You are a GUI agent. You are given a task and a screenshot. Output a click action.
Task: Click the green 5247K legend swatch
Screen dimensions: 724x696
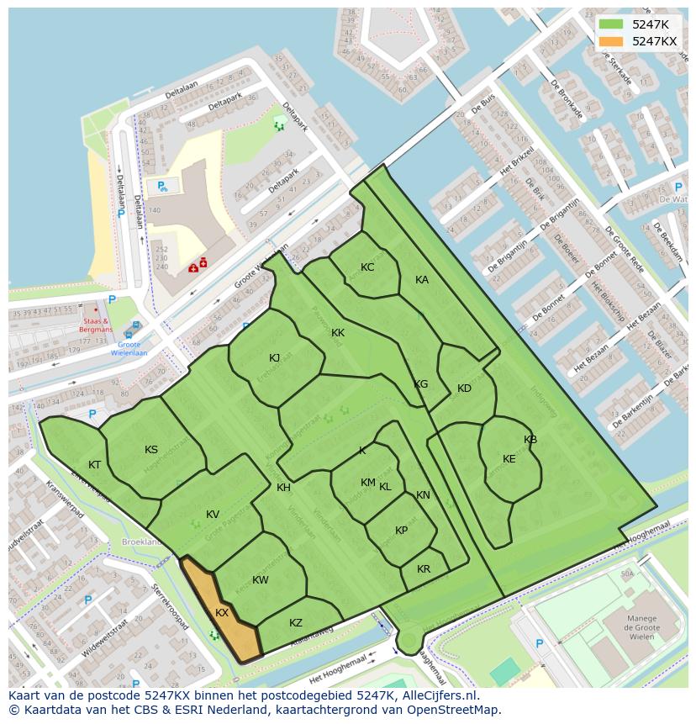click(x=611, y=24)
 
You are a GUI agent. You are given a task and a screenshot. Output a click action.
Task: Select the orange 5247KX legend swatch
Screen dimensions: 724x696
click(x=611, y=41)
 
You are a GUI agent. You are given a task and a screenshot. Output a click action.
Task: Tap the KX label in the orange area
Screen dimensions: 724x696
click(x=222, y=613)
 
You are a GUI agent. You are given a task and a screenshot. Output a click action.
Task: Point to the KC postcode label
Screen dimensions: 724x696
click(x=367, y=267)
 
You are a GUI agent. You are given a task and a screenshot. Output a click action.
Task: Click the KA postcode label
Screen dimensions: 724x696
click(x=422, y=280)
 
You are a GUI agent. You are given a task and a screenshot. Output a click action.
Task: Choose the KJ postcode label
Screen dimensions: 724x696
click(x=275, y=358)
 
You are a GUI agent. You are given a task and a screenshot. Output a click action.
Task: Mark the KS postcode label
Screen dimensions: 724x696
click(x=151, y=450)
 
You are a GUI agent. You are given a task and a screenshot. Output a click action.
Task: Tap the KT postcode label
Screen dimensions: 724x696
click(x=95, y=465)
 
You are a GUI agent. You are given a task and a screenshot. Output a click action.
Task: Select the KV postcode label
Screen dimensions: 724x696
click(x=213, y=515)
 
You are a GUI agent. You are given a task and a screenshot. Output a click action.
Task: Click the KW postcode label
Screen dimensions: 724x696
click(x=261, y=580)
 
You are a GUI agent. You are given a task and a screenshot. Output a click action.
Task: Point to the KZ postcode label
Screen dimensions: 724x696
click(x=296, y=623)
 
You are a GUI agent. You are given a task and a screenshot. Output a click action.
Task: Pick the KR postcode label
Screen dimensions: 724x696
click(x=424, y=569)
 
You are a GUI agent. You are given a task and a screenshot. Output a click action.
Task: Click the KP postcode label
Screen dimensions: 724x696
click(x=402, y=531)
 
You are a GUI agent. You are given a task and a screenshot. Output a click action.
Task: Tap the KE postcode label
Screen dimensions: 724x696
click(x=509, y=459)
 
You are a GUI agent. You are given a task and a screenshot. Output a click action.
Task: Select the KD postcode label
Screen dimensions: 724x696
click(x=464, y=388)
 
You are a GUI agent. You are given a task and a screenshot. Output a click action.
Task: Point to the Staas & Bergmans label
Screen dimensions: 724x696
click(x=96, y=325)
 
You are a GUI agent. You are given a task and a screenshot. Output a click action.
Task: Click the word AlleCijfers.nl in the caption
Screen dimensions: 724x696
click(x=440, y=695)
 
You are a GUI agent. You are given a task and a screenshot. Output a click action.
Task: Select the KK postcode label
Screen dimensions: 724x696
click(x=338, y=333)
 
